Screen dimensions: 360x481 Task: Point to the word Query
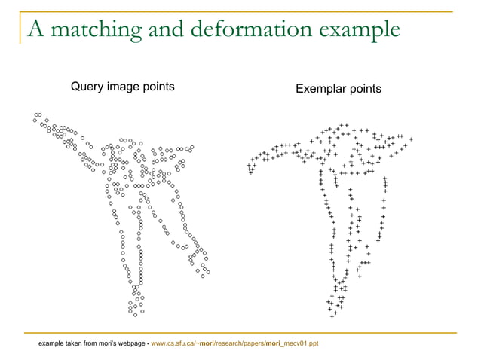[87, 87]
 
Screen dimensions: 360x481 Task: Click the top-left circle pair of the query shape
[38, 114]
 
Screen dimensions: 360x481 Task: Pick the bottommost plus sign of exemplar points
[333, 315]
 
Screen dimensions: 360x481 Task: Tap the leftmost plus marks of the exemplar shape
[250, 169]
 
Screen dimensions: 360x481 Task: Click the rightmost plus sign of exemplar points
[412, 139]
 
